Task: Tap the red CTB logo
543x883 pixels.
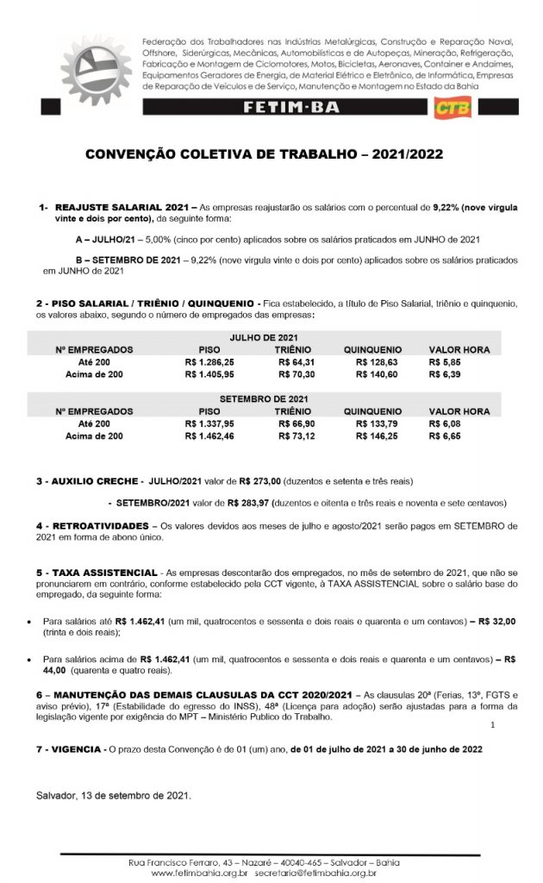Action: [449, 108]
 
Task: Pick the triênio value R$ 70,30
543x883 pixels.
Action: [293, 374]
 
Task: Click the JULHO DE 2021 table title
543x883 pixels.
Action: [270, 336]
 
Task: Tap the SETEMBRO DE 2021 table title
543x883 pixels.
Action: [270, 398]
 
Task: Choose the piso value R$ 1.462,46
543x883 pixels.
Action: [209, 436]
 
